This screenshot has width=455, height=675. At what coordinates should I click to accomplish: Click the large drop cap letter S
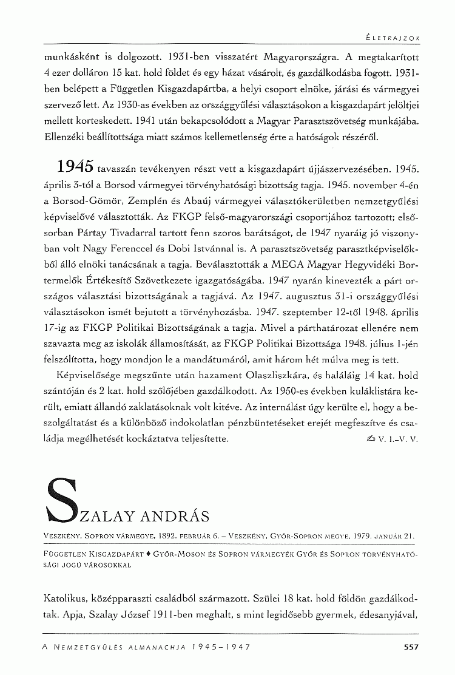click(x=66, y=499)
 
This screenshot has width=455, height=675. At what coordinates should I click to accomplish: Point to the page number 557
click(x=411, y=647)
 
